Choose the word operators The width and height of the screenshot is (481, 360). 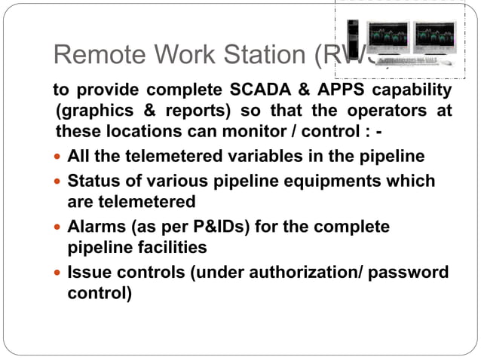pyautogui.click(x=384, y=111)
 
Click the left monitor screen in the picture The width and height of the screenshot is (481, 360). pyautogui.click(x=387, y=33)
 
